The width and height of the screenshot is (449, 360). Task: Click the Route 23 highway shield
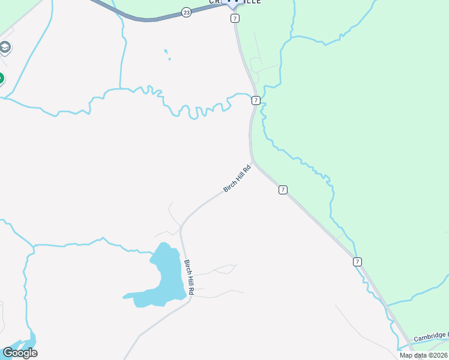tap(187, 13)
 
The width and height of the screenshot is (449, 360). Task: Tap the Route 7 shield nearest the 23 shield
tap(235, 19)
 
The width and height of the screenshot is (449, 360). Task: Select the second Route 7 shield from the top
tap(256, 100)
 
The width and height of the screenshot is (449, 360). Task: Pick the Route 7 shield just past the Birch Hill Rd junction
tap(283, 190)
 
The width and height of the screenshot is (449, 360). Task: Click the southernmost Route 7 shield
tap(358, 262)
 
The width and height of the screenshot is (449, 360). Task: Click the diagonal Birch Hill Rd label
tap(236, 179)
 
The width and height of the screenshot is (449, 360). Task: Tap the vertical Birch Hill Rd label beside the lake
tap(189, 277)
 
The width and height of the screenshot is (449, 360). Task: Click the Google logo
tap(20, 352)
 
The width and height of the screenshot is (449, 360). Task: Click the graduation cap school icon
tap(5, 47)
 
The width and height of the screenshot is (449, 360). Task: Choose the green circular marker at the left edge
tap(1, 78)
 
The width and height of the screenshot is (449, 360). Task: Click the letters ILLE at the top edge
tap(252, 2)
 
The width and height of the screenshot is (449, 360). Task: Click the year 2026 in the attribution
tap(441, 355)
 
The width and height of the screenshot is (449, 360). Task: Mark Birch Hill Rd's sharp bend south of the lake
tap(190, 298)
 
